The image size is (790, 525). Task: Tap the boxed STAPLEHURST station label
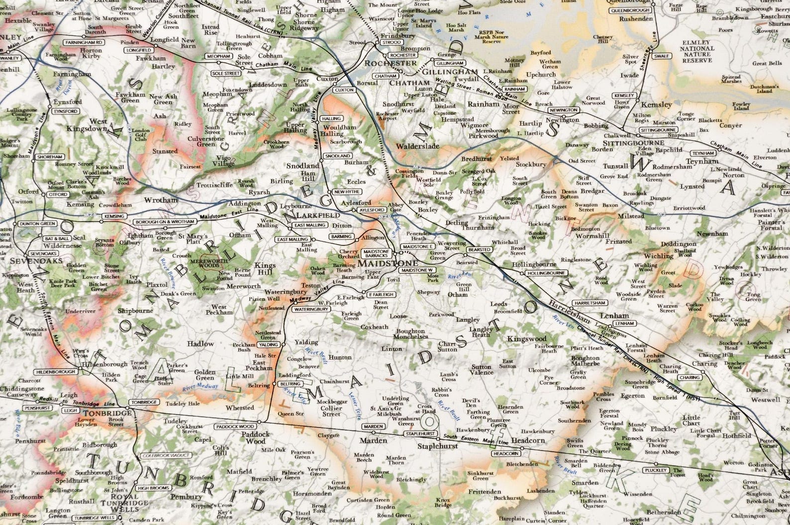click(x=421, y=434)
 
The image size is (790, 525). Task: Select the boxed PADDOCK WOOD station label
click(x=235, y=427)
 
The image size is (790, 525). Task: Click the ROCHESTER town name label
click(x=391, y=64)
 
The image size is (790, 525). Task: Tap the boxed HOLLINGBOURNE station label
click(x=546, y=273)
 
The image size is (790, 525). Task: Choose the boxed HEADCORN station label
click(x=506, y=454)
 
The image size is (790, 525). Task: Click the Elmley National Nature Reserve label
click(x=698, y=52)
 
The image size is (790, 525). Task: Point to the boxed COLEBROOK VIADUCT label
click(x=166, y=455)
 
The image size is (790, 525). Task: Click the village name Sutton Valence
click(x=482, y=370)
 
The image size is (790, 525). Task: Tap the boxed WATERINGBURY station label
click(x=311, y=309)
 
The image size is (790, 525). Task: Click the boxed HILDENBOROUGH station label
click(x=55, y=372)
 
